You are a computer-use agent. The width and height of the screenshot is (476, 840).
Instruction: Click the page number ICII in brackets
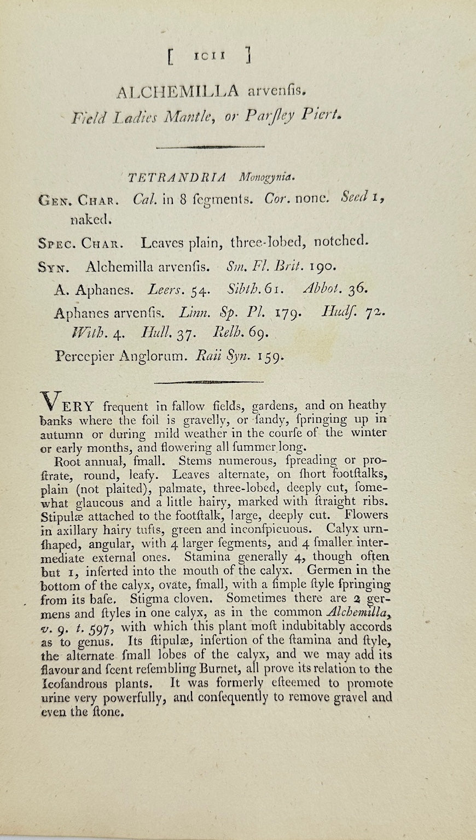coord(210,56)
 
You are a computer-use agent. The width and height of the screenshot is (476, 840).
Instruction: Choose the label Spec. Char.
coord(82,242)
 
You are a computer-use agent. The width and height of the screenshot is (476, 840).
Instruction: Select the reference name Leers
coord(165,289)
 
